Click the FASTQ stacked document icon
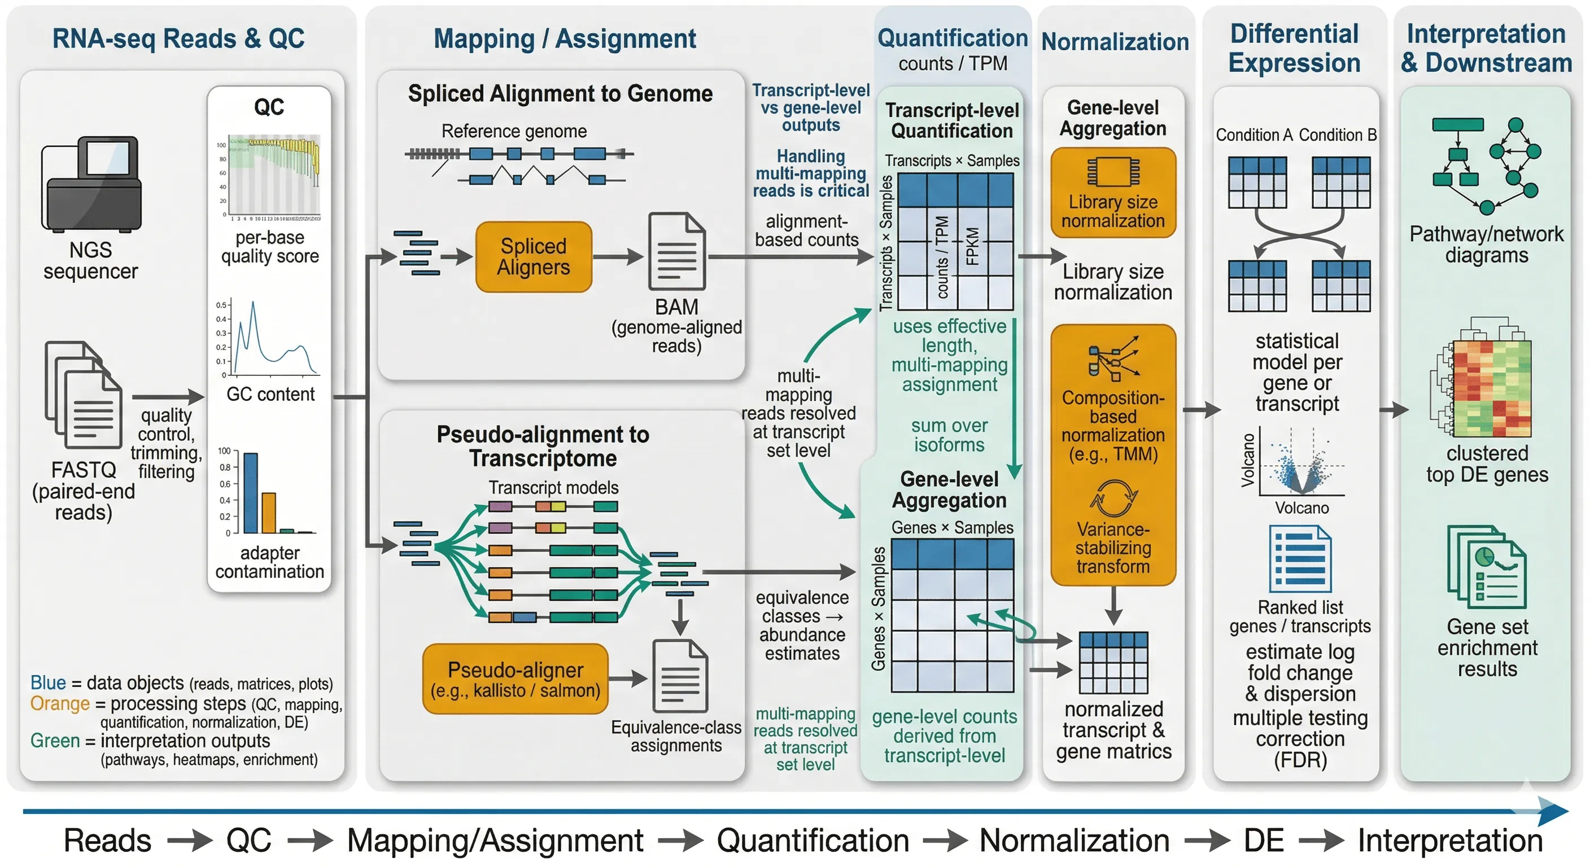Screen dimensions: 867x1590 (x=84, y=395)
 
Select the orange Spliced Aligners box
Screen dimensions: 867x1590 (x=533, y=257)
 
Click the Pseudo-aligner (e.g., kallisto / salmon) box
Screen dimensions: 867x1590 (x=515, y=679)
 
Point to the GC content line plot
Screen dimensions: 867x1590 (x=272, y=339)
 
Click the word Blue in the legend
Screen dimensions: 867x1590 (x=48, y=682)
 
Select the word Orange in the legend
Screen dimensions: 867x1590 (x=60, y=703)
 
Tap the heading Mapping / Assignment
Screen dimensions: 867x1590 (x=564, y=39)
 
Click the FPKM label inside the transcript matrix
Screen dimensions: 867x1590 (x=972, y=247)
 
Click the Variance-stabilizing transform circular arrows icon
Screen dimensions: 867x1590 (x=1113, y=498)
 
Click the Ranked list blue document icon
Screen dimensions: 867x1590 (x=1300, y=559)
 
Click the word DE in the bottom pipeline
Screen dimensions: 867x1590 (x=1263, y=840)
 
